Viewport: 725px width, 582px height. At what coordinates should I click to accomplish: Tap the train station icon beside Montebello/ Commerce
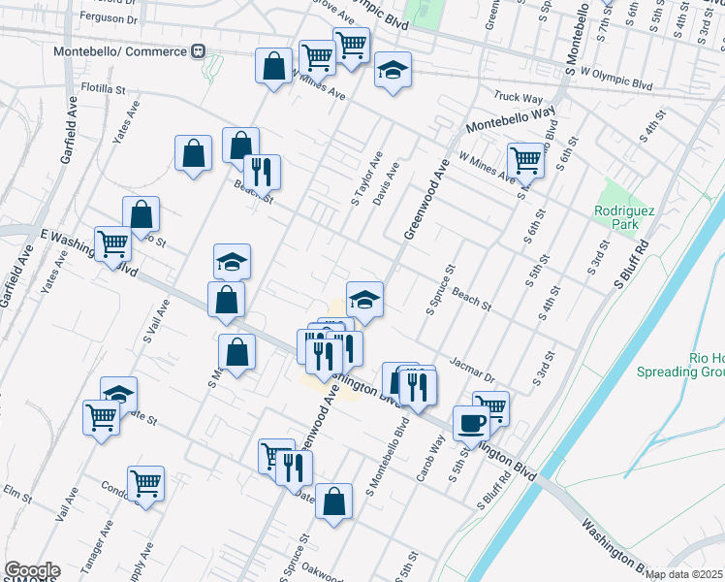(x=199, y=50)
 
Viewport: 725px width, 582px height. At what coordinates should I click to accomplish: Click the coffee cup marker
(x=472, y=423)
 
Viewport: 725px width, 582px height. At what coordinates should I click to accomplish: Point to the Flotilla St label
(x=104, y=88)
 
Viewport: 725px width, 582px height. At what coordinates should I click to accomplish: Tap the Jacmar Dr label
(x=472, y=369)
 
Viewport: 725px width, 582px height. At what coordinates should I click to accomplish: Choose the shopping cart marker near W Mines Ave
(x=525, y=160)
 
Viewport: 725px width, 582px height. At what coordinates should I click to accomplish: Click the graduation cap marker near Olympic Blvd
(x=393, y=70)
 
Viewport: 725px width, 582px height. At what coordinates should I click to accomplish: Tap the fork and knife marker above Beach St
(x=261, y=172)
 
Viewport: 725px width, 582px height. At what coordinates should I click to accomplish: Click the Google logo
(x=31, y=570)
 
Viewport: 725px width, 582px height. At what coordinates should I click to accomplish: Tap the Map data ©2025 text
(x=683, y=574)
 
